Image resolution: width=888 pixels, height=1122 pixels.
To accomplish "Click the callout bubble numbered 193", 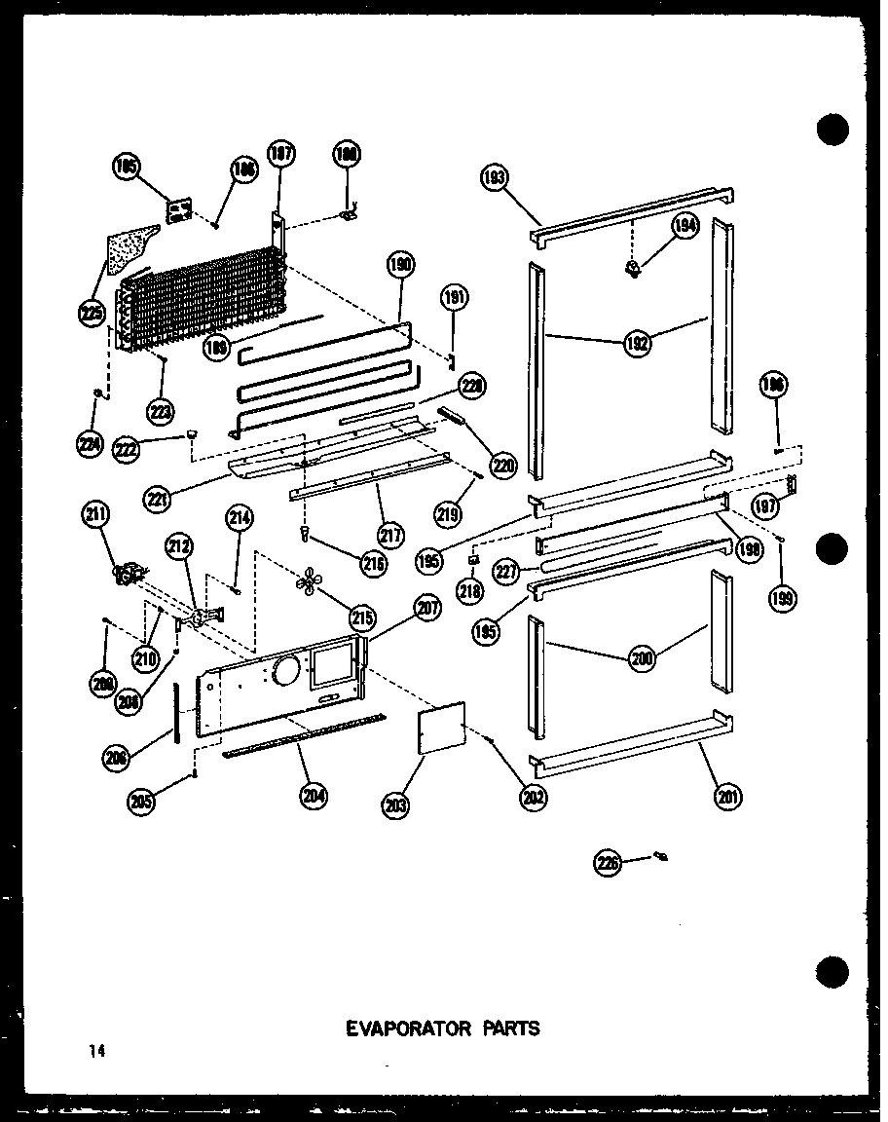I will click(x=495, y=178).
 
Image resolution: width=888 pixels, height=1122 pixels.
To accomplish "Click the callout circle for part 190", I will click(x=401, y=264).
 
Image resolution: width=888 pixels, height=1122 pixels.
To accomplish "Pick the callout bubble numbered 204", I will click(x=314, y=796).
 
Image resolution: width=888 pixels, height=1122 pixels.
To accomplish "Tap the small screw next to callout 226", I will click(x=661, y=856).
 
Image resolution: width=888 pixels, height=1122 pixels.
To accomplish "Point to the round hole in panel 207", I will click(x=286, y=670).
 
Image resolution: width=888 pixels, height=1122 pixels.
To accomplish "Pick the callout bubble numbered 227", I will click(x=509, y=573).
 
